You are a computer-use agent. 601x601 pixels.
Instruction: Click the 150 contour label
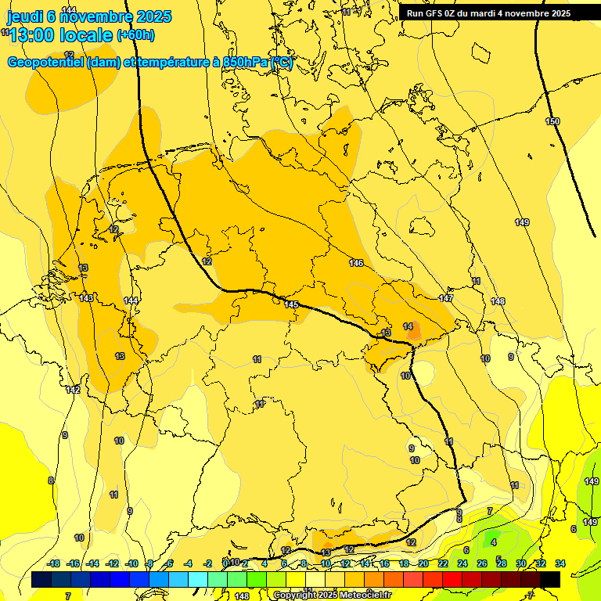point(552,121)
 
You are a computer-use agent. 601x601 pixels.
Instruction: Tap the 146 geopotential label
point(356,263)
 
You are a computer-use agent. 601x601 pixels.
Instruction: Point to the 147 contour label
point(446,298)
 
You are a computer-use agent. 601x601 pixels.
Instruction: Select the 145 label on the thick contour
point(292,304)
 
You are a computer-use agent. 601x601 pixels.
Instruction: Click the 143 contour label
point(86,298)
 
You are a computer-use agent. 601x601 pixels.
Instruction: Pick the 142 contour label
point(73,390)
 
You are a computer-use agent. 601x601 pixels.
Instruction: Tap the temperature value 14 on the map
point(408,326)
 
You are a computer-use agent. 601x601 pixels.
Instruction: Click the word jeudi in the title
point(24,16)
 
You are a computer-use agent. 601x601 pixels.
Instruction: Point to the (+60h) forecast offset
point(135,35)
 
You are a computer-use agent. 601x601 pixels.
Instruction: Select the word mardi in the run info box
point(491,13)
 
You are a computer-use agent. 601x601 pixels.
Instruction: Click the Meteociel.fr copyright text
point(332,596)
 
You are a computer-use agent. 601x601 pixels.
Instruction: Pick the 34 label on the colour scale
point(560,563)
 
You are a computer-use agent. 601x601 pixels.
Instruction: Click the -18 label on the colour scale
point(54,563)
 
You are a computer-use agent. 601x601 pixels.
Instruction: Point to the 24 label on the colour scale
point(462,563)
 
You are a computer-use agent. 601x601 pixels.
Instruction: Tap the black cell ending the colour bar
point(550,579)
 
